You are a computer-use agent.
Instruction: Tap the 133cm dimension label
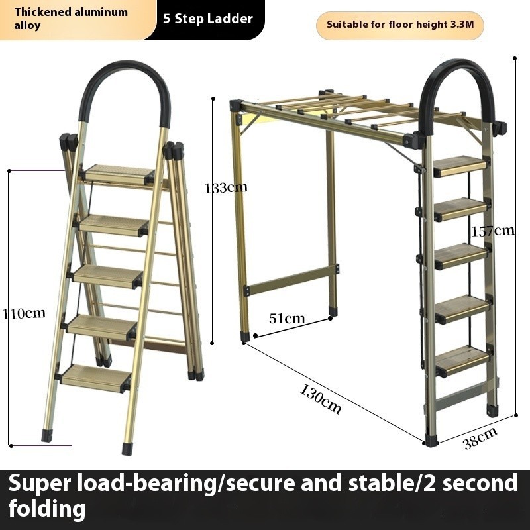[x=226, y=187]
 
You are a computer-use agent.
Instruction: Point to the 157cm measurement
[x=493, y=231]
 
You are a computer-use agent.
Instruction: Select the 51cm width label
[x=287, y=318]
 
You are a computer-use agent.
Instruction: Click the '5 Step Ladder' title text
[x=208, y=19]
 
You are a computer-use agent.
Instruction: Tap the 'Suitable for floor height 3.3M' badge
[x=399, y=26]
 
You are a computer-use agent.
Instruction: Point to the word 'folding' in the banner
[x=47, y=509]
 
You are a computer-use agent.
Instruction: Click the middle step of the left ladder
[x=107, y=275]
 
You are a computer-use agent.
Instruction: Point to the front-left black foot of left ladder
[x=46, y=435]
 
